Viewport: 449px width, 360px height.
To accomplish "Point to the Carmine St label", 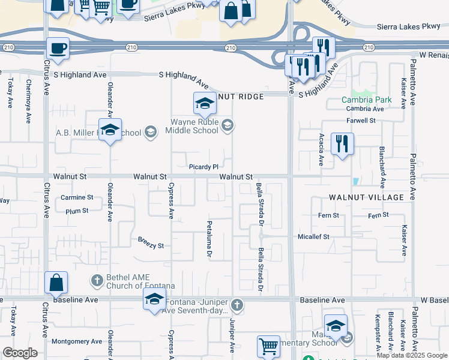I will [x=77, y=197].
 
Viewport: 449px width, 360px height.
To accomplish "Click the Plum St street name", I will [x=77, y=211].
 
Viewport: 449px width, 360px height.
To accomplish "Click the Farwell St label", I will [x=361, y=121].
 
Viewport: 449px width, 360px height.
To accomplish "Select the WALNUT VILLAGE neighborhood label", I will [x=366, y=197].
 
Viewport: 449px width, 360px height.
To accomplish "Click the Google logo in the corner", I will [x=20, y=353].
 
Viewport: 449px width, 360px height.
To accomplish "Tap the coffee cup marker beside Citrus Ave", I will [x=58, y=49].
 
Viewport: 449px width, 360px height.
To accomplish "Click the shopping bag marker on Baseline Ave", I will [x=56, y=283].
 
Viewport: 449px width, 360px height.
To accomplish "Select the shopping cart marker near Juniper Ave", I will [x=268, y=346].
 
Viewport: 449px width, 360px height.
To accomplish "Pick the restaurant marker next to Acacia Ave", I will [x=342, y=144].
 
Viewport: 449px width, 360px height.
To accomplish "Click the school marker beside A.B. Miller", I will [x=110, y=130].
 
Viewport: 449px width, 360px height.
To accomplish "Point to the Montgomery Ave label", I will [x=77, y=341].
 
